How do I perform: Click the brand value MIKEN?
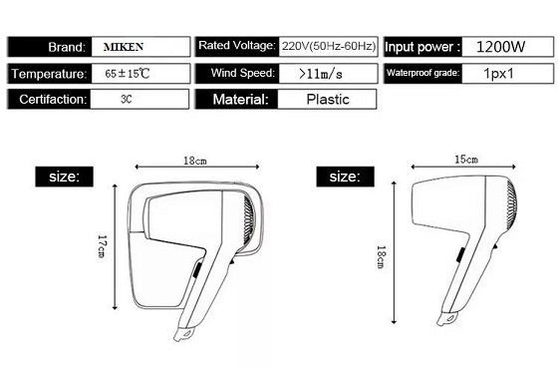click(x=124, y=47)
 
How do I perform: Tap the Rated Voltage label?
click(x=237, y=45)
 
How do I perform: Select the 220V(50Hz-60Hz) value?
click(x=329, y=46)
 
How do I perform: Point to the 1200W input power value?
click(x=500, y=47)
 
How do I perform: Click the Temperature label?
click(x=49, y=74)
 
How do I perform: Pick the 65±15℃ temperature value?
click(x=128, y=74)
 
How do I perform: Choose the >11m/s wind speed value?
click(x=321, y=74)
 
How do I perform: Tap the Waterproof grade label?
click(x=423, y=73)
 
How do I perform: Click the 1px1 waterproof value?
click(x=498, y=74)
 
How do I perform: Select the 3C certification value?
click(x=127, y=99)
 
